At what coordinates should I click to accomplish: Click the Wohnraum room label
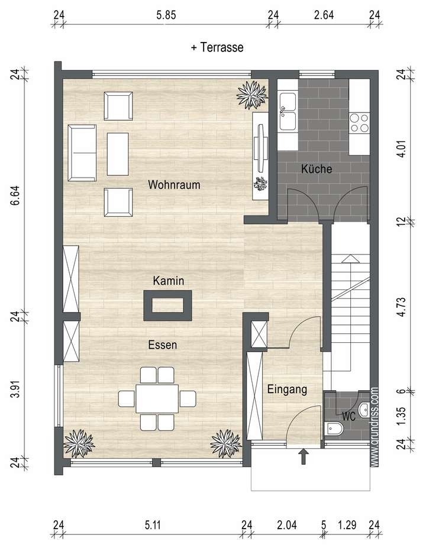(174, 185)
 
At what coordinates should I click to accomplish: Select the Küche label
(317, 169)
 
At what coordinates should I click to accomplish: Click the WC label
(348, 416)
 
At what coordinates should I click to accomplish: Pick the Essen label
(163, 344)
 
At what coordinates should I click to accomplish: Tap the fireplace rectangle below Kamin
(169, 305)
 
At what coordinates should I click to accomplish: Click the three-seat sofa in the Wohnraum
(82, 153)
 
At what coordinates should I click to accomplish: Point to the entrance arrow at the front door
(303, 456)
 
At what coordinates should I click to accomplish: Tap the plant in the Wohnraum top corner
(253, 94)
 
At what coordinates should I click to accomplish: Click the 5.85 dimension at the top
(166, 16)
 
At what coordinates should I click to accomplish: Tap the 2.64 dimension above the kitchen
(324, 16)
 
